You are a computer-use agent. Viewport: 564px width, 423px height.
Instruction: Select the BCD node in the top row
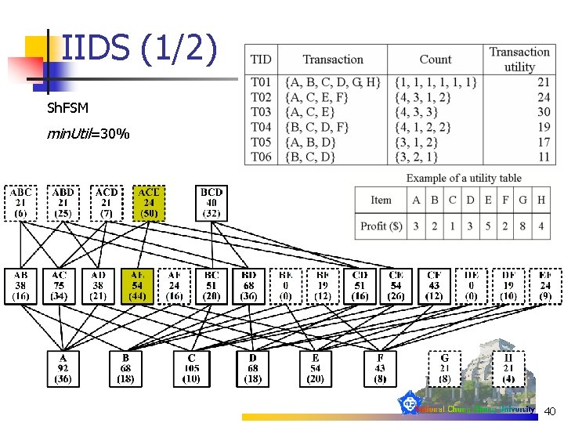point(211,203)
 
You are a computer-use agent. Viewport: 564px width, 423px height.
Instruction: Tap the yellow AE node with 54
point(137,285)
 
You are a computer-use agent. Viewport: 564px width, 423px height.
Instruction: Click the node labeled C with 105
point(192,368)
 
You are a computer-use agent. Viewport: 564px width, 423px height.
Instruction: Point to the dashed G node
point(445,368)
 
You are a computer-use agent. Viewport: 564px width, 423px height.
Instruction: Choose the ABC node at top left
point(21,203)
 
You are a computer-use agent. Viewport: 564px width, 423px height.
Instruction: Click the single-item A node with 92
point(63,368)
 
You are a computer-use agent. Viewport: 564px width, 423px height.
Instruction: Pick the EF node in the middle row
point(545,285)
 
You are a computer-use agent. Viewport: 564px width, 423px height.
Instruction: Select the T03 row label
point(261,112)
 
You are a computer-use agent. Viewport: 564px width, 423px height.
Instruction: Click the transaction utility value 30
point(543,112)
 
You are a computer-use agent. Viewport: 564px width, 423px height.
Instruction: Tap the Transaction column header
point(333,60)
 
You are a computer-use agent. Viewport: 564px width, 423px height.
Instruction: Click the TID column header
point(261,60)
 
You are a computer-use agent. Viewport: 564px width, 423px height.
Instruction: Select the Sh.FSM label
point(68,107)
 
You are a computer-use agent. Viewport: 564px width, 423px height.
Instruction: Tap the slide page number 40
point(549,411)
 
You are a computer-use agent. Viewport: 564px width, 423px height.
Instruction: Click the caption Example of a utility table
point(464,179)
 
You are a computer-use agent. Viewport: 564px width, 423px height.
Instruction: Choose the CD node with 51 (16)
point(360,285)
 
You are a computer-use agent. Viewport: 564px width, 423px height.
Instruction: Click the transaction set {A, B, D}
point(310,142)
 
